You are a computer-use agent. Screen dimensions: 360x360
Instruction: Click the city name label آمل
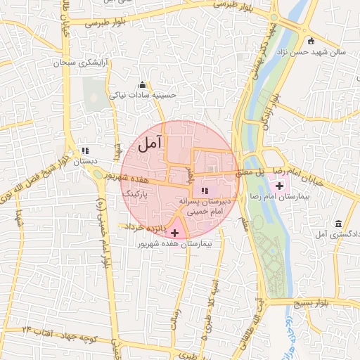click(150, 145)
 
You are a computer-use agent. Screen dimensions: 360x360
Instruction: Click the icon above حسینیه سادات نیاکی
click(143, 85)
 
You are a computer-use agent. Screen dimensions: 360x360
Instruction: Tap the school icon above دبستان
click(85, 150)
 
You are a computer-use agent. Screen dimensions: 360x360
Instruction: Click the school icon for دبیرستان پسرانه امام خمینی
click(204, 191)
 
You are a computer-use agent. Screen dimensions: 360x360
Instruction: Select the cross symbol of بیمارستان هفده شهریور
click(174, 232)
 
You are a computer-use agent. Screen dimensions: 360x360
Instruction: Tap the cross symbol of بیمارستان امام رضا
click(280, 186)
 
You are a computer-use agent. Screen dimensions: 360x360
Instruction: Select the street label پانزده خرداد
click(146, 228)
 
